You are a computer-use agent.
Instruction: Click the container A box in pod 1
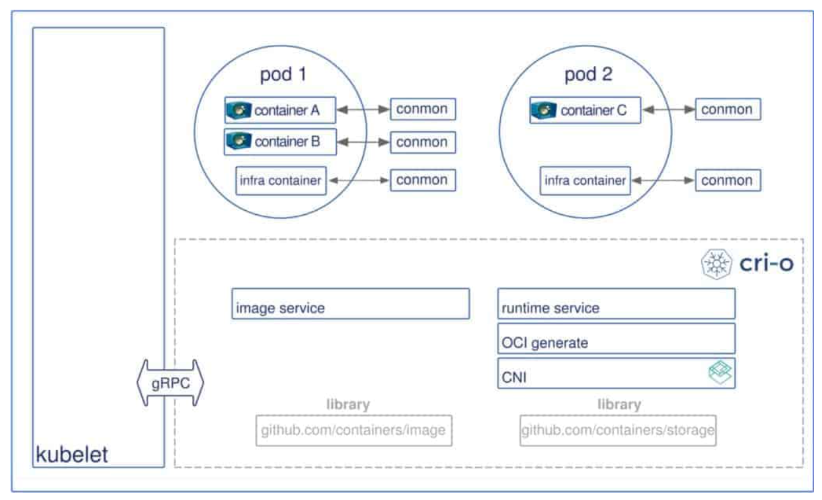(x=280, y=110)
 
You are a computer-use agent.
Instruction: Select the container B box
(x=280, y=141)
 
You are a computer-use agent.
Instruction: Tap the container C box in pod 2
(x=585, y=110)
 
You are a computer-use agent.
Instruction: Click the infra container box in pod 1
(x=280, y=181)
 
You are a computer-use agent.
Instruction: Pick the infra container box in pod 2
(x=585, y=181)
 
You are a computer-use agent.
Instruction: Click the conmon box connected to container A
(x=422, y=109)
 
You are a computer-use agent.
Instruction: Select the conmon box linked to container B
(x=422, y=142)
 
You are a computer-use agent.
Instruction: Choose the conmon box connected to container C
(x=727, y=110)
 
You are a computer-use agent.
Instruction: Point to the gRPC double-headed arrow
(x=170, y=383)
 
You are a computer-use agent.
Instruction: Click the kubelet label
(x=72, y=455)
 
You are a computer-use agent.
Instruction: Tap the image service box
(x=350, y=304)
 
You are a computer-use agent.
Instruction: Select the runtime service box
(x=616, y=304)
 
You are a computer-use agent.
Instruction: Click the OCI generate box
(x=616, y=339)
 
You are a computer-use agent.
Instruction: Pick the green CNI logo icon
(x=720, y=373)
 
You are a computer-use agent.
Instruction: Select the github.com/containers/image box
(x=354, y=431)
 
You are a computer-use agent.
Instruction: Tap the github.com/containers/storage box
(x=618, y=431)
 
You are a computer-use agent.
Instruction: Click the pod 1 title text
(x=283, y=74)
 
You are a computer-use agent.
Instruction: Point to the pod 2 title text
(x=588, y=74)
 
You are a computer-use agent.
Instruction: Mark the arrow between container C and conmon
(x=668, y=110)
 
